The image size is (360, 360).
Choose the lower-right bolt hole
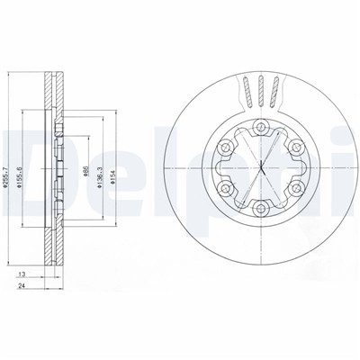click(296, 190)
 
